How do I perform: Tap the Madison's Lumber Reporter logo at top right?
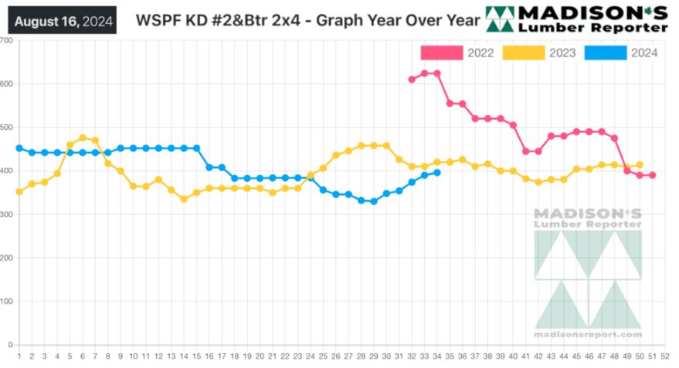tap(576, 19)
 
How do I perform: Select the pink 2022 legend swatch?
tap(441, 53)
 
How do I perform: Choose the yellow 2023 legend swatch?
tap(523, 53)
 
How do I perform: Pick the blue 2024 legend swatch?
tap(605, 53)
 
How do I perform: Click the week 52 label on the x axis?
tap(665, 356)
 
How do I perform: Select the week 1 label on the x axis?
tap(19, 356)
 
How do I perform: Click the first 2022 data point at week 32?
tap(412, 80)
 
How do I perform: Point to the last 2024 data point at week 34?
tap(437, 172)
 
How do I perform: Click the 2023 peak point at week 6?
tap(83, 138)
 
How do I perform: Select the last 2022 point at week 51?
tap(653, 175)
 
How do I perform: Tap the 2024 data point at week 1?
tap(19, 148)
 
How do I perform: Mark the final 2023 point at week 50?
tap(640, 165)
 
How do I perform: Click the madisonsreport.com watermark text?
tap(588, 335)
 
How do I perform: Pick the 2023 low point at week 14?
tap(184, 199)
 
